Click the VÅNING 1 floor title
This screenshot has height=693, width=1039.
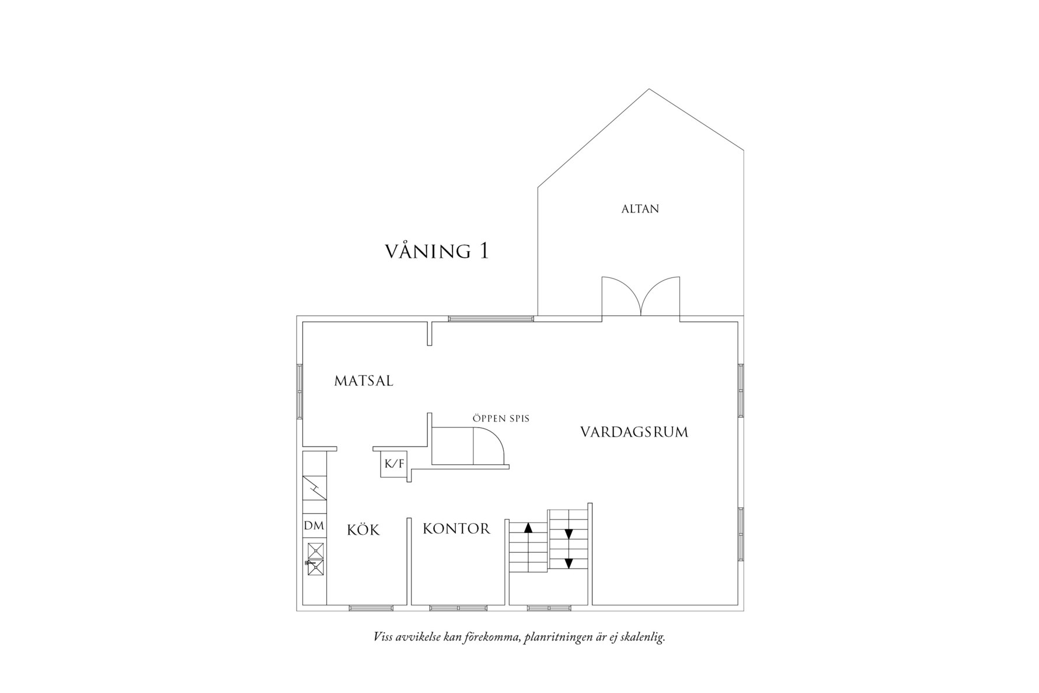click(437, 251)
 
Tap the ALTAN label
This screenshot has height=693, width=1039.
click(640, 208)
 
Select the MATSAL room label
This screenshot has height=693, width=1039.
click(364, 381)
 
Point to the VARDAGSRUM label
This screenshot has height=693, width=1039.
click(634, 432)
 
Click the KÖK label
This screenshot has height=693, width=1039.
click(363, 530)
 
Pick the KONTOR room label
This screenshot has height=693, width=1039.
click(456, 529)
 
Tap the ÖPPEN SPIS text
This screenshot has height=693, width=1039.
click(501, 418)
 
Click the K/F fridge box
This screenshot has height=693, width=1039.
click(393, 464)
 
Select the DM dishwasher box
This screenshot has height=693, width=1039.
click(314, 525)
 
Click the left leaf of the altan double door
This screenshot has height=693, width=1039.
click(622, 296)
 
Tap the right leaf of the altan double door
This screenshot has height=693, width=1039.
click(661, 296)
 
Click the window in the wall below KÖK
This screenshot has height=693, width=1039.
click(371, 608)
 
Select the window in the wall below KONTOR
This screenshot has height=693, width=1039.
click(458, 608)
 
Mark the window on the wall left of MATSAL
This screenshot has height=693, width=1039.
click(299, 391)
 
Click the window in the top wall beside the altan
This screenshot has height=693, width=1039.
click(491, 319)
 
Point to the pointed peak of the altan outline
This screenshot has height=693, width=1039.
click(649, 89)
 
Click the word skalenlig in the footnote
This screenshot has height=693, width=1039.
click(643, 637)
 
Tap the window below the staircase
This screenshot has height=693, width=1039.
click(549, 608)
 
